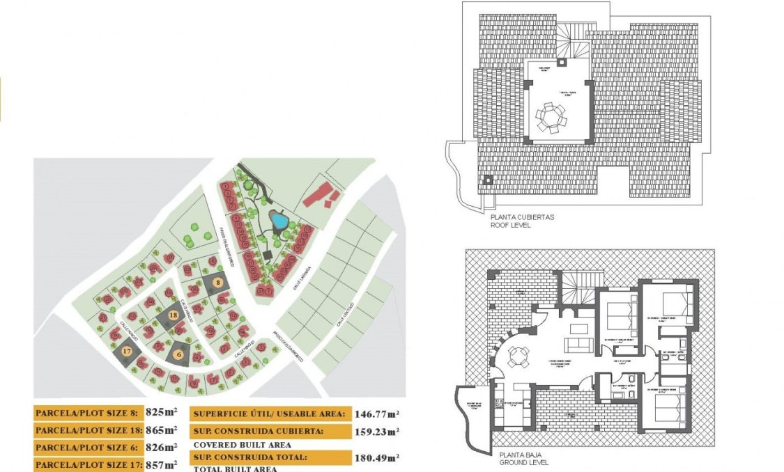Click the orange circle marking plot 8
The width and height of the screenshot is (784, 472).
[x=218, y=283]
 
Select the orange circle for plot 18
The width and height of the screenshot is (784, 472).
[x=173, y=316]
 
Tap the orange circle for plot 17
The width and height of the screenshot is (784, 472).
[x=126, y=352]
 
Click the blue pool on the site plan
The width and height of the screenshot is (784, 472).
[x=279, y=221]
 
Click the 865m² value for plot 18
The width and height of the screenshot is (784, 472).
[x=161, y=430]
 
